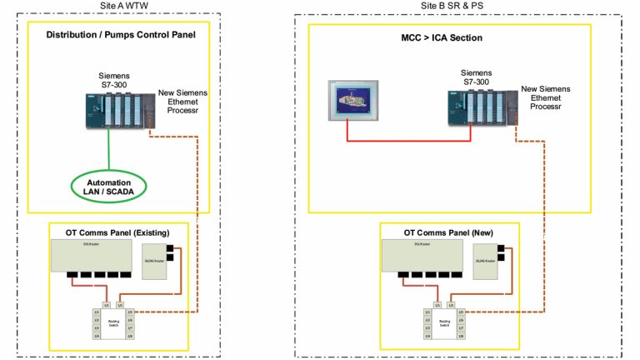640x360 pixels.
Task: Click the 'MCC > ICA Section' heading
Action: (447, 37)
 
